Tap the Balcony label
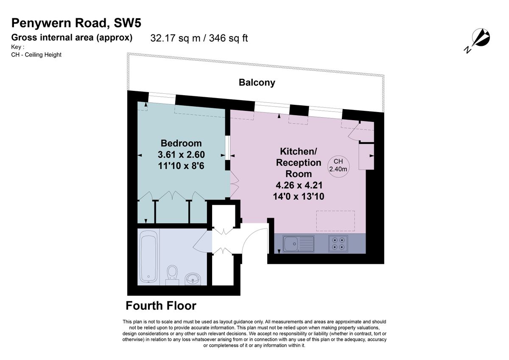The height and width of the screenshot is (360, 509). pyautogui.click(x=257, y=82)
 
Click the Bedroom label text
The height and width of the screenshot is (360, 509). pyautogui.click(x=181, y=143)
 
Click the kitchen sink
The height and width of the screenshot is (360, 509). pyautogui.click(x=299, y=244)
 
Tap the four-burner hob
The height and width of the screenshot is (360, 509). pyautogui.click(x=338, y=244)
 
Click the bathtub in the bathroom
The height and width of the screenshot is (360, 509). pyautogui.click(x=148, y=256)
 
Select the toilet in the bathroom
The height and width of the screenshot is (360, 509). pyautogui.click(x=172, y=273)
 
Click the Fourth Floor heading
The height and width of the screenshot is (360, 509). pyautogui.click(x=161, y=306)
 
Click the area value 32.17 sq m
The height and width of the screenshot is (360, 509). pyautogui.click(x=171, y=38)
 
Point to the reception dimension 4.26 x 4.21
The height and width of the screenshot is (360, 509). pyautogui.click(x=299, y=185)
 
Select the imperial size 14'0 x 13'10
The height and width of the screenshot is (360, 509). pyautogui.click(x=299, y=196)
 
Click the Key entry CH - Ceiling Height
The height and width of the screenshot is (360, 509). pyautogui.click(x=36, y=54)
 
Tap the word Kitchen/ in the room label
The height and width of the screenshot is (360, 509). pyautogui.click(x=299, y=152)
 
